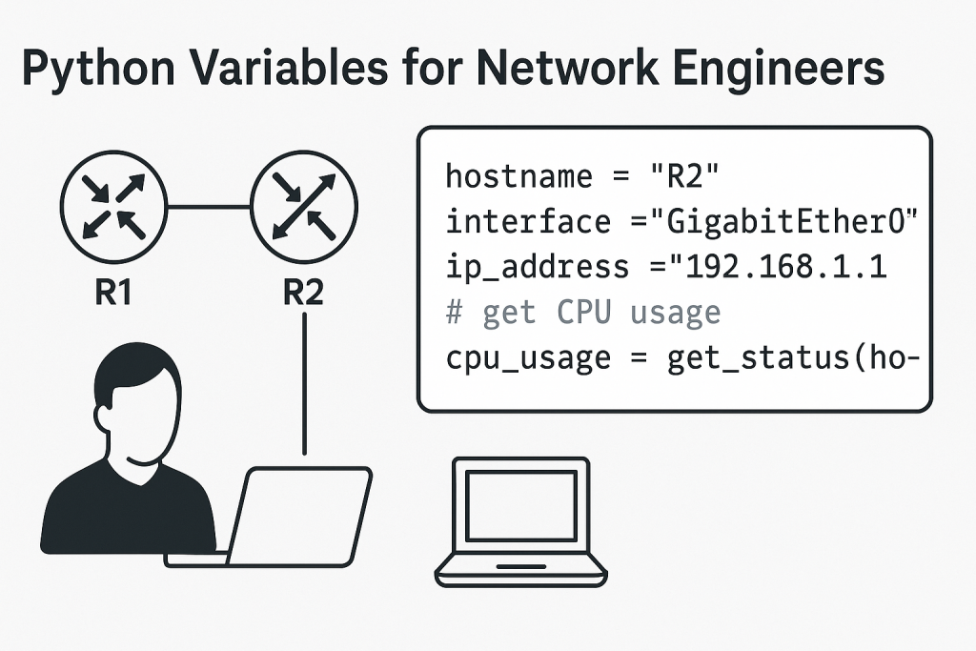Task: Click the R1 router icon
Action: [113, 205]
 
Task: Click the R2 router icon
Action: [303, 205]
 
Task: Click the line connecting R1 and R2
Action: [209, 205]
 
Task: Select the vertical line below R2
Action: [303, 381]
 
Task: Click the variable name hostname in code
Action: [515, 177]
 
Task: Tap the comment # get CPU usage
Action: [583, 312]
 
